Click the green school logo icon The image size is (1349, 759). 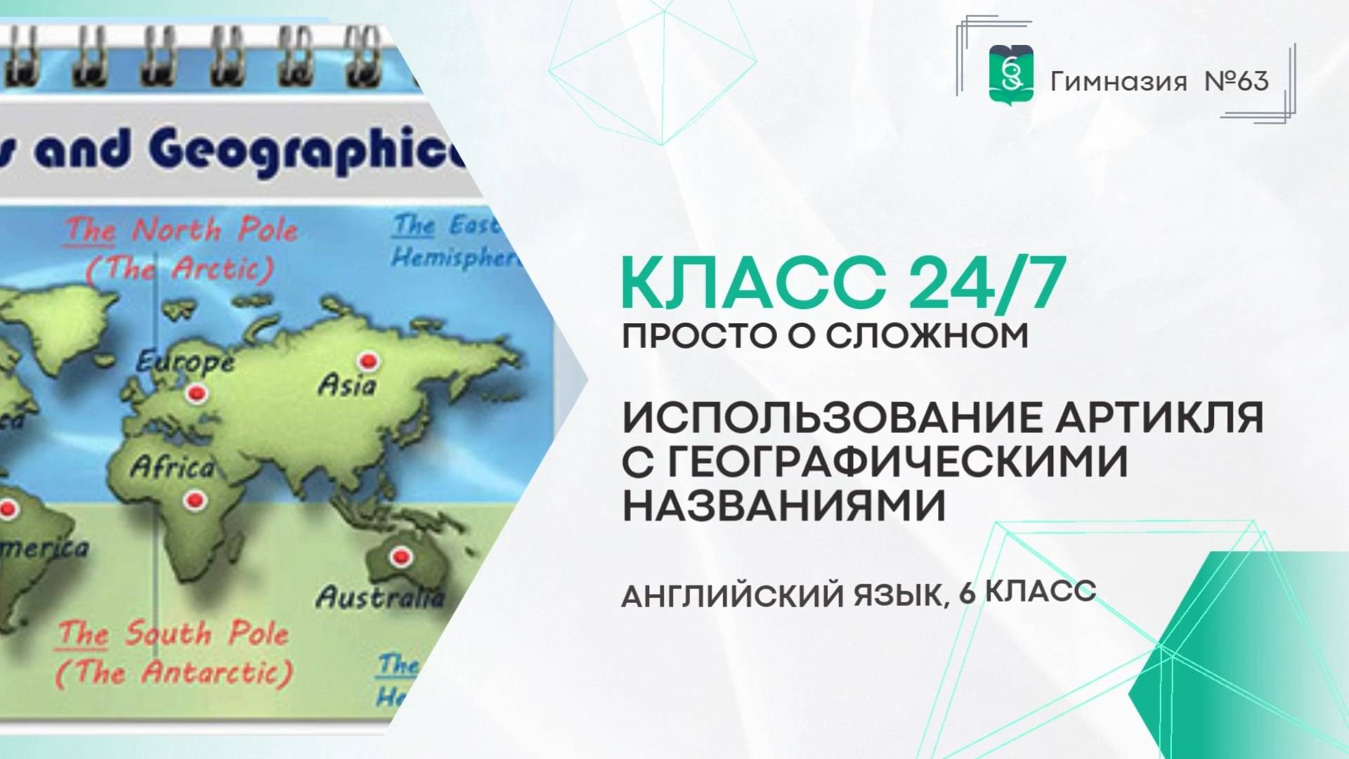1011,73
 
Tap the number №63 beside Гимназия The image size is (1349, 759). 1237,82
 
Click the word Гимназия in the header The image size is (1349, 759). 1119,82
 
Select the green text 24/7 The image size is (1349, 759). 986,284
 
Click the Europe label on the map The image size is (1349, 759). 185,362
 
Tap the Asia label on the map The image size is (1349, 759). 347,385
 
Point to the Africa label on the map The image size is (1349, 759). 172,467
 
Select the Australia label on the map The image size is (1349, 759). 380,597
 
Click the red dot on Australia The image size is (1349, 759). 401,557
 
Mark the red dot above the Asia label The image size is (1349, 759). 367,361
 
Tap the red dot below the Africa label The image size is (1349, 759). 193,500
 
